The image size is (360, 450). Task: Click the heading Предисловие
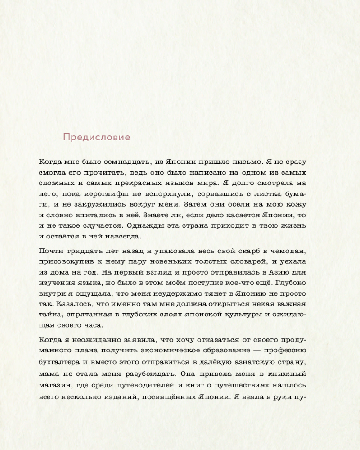pyautogui.click(x=96, y=137)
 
